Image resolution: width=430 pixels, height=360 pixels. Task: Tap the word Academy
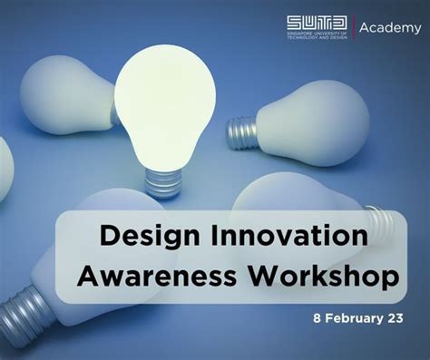[388, 28]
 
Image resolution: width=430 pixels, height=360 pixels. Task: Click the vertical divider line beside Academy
[352, 29]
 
